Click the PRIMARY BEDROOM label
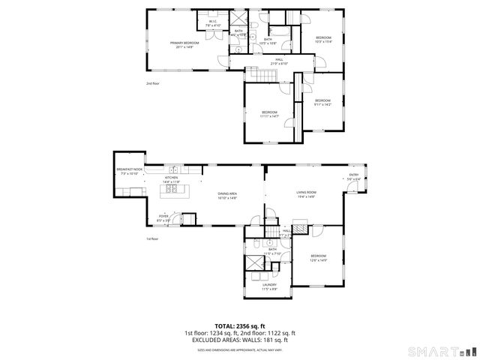(x=184, y=45)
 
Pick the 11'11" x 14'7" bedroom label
(x=269, y=114)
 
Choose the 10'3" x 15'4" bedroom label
(x=322, y=39)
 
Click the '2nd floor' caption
(x=153, y=83)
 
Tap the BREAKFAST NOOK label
(x=129, y=172)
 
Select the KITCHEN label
(x=172, y=180)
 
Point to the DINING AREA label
(x=227, y=196)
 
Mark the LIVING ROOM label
(x=306, y=194)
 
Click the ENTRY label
(x=354, y=177)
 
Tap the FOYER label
(x=163, y=218)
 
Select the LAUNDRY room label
(x=269, y=286)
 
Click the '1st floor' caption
(x=153, y=239)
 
